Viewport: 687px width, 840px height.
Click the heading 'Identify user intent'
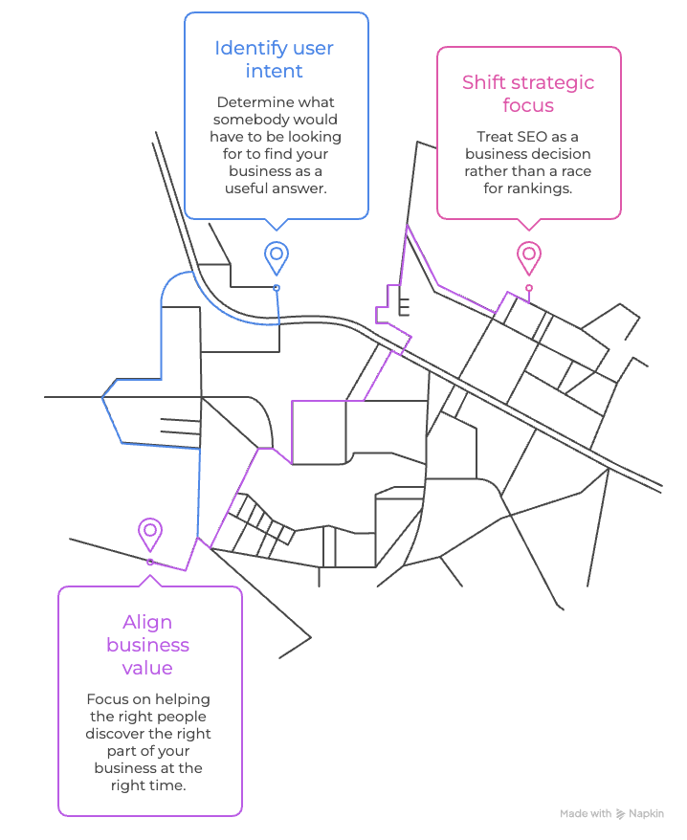[x=274, y=59]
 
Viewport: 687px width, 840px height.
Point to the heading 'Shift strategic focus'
[x=528, y=94]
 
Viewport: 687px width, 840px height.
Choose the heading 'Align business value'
[x=148, y=645]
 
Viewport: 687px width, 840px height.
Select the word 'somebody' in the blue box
[x=244, y=120]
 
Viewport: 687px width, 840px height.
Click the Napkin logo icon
[x=621, y=814]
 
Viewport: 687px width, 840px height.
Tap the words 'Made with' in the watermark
[x=586, y=814]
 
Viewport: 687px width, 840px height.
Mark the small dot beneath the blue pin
[x=277, y=288]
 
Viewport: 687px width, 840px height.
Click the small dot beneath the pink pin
[x=529, y=288]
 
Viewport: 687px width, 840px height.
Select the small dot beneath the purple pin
[x=150, y=562]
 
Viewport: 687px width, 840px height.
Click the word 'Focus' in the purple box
[x=104, y=699]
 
